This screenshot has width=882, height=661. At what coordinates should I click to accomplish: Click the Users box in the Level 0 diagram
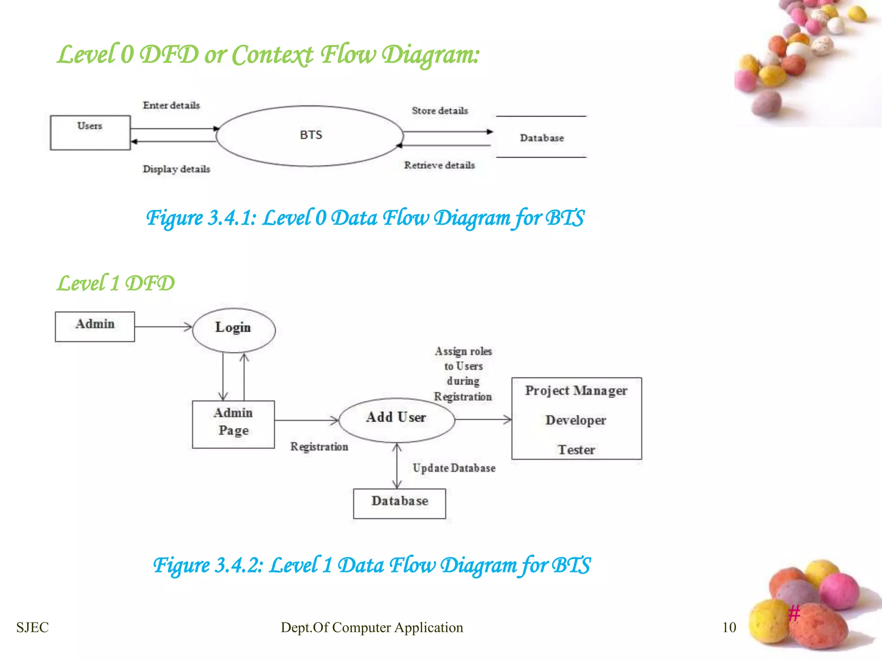90,132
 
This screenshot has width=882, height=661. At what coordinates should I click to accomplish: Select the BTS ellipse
310,136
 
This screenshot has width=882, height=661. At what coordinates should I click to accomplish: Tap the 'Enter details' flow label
171,105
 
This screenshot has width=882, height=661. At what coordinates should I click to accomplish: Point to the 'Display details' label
177,169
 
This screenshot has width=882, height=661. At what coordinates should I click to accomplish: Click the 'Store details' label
440,111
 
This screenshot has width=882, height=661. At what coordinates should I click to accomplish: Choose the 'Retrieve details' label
439,165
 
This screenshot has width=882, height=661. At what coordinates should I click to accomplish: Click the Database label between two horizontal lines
541,138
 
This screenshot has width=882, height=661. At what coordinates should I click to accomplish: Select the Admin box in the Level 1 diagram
95,326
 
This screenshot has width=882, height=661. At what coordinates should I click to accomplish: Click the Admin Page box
233,424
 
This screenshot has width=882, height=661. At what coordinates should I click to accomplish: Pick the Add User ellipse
396,419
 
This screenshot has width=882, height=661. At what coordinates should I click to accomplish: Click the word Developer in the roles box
576,420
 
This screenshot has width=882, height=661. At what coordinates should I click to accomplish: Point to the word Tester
576,450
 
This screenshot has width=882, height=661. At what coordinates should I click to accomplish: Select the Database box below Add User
400,503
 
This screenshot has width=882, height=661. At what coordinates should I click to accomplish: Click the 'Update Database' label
454,468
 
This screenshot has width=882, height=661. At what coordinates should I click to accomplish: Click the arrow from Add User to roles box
483,419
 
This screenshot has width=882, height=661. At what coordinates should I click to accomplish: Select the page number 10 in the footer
729,627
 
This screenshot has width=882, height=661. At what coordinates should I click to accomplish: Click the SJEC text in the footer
32,627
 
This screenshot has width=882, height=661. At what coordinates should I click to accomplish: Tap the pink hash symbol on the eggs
794,612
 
